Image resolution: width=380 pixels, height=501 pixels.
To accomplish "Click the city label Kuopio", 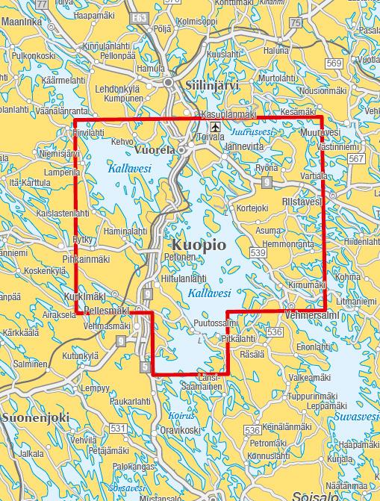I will coord(199,245).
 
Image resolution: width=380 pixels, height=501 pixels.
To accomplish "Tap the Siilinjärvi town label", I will coord(212,85).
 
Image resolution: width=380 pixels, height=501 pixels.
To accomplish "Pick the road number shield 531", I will coord(119,427).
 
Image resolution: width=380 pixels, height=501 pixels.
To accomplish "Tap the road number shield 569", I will coord(334,62).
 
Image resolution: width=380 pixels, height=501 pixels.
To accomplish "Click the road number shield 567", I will coord(356,160).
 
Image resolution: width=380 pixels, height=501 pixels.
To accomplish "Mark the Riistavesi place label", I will coord(302,202).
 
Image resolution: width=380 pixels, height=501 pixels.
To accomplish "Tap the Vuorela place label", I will coord(155,149).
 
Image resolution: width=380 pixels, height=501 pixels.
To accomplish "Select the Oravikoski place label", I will coord(180,431).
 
